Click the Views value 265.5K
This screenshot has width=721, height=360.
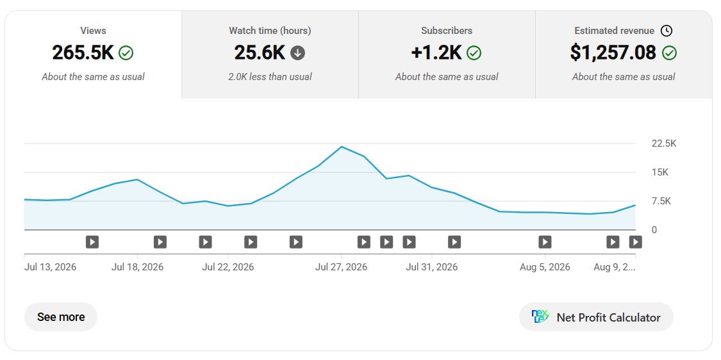click(83, 53)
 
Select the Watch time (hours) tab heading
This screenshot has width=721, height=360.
click(270, 31)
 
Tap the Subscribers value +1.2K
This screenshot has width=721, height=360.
click(436, 53)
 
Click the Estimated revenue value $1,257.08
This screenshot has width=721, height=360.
click(613, 53)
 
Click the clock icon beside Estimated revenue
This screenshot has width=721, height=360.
click(667, 31)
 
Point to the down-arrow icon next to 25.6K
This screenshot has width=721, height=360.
click(297, 53)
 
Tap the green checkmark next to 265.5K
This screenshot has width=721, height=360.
click(126, 53)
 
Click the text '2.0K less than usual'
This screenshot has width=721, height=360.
click(270, 77)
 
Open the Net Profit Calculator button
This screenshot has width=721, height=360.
click(596, 317)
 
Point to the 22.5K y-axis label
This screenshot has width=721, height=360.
click(664, 144)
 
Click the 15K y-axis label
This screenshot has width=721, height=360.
click(660, 172)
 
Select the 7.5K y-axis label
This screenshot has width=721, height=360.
click(661, 201)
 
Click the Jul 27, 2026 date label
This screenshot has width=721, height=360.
click(341, 267)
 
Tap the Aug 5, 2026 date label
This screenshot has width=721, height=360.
click(545, 267)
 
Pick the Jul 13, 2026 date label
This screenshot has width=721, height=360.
click(50, 267)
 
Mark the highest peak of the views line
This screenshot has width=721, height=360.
click(342, 147)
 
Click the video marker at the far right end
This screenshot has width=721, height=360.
click(636, 242)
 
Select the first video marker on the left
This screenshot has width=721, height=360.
click(92, 242)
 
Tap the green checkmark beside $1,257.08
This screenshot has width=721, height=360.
click(670, 53)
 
